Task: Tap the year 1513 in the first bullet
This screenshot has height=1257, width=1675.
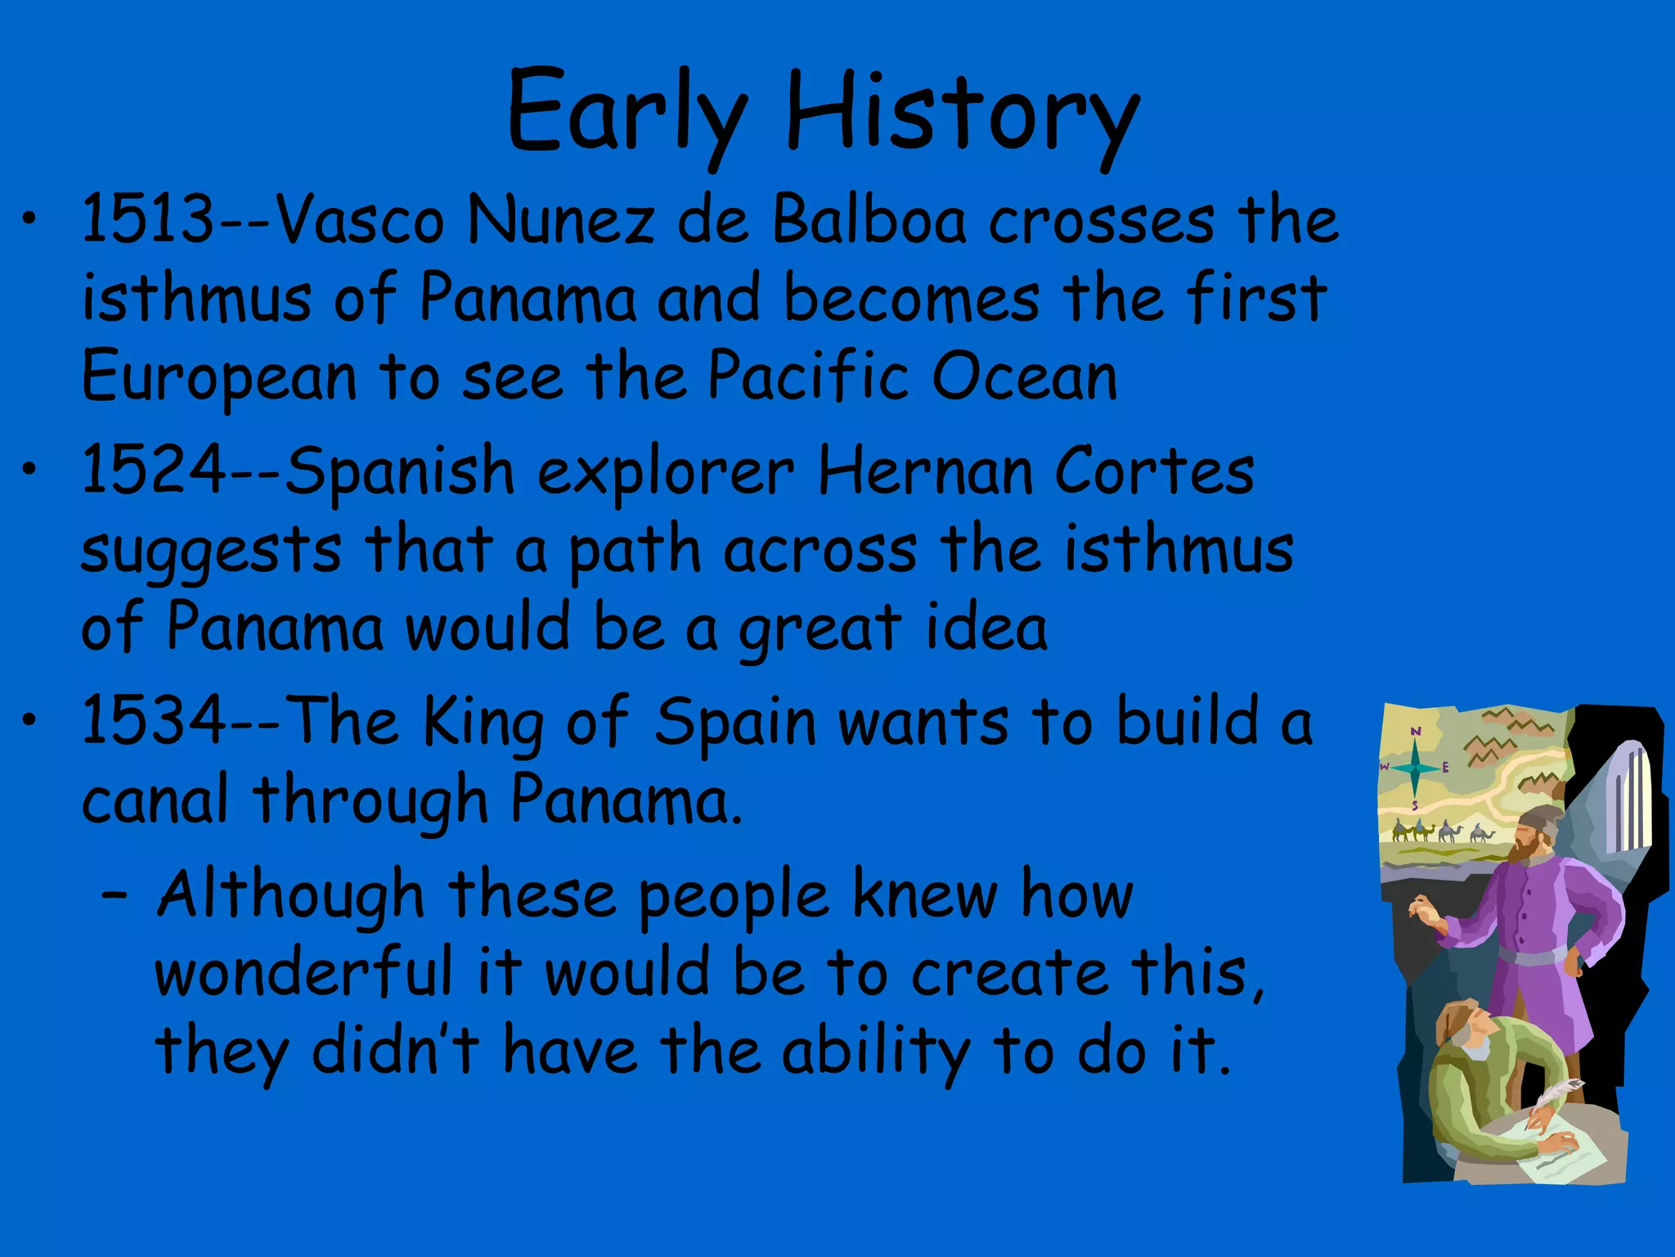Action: tap(147, 219)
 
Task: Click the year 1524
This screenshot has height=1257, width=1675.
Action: tap(154, 470)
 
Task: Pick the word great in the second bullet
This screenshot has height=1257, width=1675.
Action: tap(820, 628)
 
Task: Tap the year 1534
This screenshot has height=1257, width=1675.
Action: tap(154, 720)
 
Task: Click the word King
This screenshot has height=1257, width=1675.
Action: tap(483, 722)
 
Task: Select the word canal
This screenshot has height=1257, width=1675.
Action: tap(155, 799)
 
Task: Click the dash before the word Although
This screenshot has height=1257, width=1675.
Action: tap(115, 895)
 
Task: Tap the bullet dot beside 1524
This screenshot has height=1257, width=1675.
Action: tap(29, 469)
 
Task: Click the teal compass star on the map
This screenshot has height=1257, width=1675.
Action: tap(1415, 768)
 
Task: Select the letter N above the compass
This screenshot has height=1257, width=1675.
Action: tap(1416, 731)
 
